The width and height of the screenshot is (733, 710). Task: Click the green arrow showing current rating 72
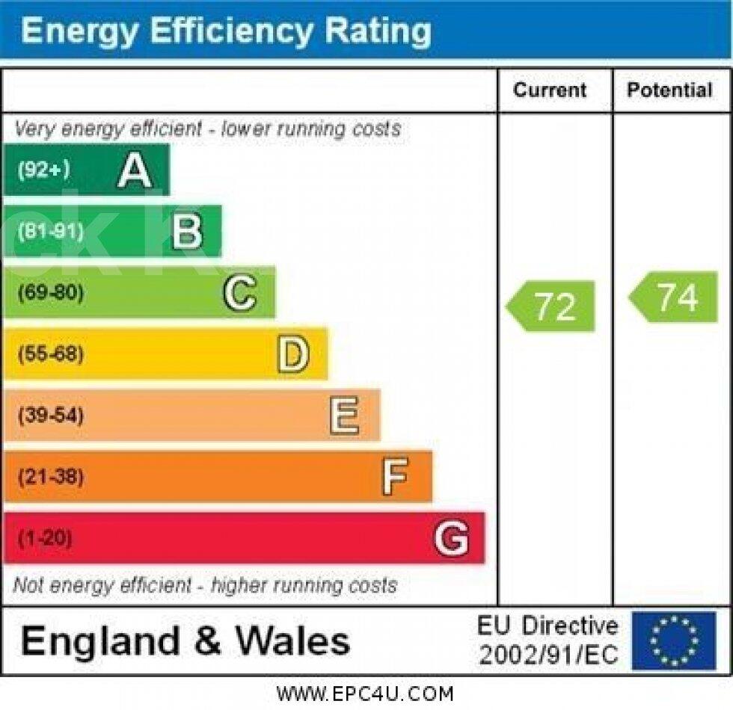coord(552,306)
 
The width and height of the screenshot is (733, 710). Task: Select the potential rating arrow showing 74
coord(675,297)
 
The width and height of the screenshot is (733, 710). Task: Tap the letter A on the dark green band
coord(135,170)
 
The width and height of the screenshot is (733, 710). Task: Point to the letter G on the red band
coord(452,538)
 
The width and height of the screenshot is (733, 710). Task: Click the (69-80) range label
coord(50,292)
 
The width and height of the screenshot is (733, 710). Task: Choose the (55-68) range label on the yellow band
coord(50,354)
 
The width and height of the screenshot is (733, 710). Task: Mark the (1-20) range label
coord(45,538)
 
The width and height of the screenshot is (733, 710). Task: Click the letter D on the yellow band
coord(292,354)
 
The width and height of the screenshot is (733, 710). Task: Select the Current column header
coord(550,90)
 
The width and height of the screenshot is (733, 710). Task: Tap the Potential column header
coord(669,90)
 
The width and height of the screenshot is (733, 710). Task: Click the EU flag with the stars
coord(674,640)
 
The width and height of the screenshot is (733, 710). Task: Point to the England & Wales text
coord(185,641)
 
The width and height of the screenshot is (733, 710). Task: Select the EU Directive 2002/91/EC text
coord(548,640)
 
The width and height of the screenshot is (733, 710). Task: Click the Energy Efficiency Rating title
coord(226,31)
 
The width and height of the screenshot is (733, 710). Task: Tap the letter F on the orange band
coord(395,477)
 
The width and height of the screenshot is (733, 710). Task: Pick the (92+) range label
coord(43,170)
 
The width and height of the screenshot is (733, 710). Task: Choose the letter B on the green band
coord(186,232)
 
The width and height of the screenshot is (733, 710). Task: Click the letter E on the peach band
coord(344,416)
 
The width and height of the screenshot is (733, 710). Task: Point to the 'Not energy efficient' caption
coord(205,585)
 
